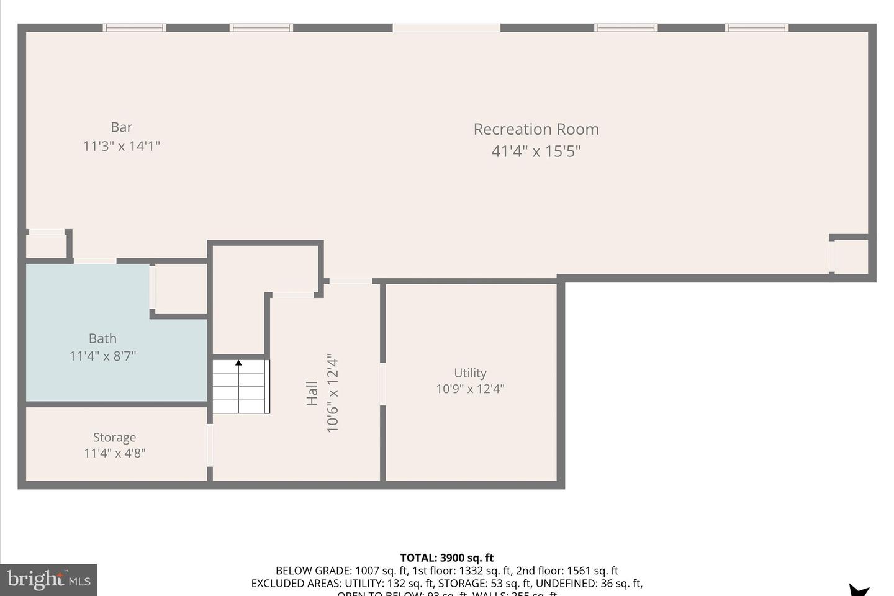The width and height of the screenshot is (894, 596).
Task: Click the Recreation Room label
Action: tap(536, 129)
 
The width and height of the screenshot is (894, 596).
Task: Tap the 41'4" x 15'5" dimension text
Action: tap(536, 151)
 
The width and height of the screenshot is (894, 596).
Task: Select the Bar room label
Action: tap(122, 127)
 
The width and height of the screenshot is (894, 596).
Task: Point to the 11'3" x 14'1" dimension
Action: tap(122, 146)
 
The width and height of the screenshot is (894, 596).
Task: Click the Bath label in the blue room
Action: tap(102, 338)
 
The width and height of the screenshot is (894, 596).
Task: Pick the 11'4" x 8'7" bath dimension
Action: tap(102, 356)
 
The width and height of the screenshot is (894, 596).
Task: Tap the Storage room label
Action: tap(114, 438)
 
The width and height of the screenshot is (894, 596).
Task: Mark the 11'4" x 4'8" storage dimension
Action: tap(114, 453)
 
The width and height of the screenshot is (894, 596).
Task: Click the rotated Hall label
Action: tap(312, 394)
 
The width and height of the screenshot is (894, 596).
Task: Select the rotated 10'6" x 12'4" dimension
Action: tap(333, 394)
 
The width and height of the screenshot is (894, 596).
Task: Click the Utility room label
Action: tap(470, 373)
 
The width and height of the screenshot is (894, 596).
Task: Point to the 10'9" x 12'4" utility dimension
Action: tap(470, 389)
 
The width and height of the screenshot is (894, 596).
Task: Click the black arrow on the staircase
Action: tap(238, 363)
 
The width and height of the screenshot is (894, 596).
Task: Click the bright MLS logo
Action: tap(48, 580)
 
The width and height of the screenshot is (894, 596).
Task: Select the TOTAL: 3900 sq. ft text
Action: tap(447, 558)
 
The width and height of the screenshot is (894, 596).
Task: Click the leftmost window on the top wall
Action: tap(134, 28)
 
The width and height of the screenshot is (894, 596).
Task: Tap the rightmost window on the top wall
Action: tap(757, 28)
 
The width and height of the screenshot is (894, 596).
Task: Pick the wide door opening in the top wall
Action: tap(446, 28)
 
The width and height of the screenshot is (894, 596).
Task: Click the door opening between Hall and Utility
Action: tap(382, 384)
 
